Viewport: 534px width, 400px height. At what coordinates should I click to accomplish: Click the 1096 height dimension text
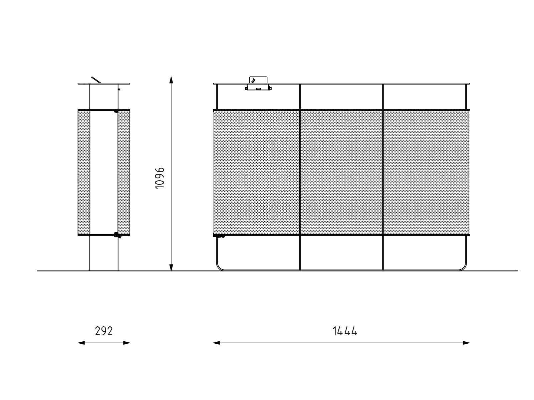tap(160, 178)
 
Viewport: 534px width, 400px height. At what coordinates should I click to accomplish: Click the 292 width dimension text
tap(104, 331)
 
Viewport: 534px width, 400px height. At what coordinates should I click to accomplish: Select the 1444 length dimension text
tap(345, 331)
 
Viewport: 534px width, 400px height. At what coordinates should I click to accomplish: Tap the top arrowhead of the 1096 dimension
tap(171, 80)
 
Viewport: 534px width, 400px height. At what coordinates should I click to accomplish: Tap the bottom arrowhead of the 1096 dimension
tap(171, 267)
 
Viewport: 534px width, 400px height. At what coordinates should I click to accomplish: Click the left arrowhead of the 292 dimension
tap(81, 343)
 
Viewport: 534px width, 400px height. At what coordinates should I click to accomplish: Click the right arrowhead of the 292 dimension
tap(126, 343)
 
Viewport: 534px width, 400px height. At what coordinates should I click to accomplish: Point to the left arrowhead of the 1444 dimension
tap(216, 343)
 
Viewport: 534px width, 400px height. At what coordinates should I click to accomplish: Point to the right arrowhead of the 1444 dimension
tap(466, 343)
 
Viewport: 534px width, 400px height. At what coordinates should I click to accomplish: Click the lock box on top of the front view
tap(258, 84)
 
